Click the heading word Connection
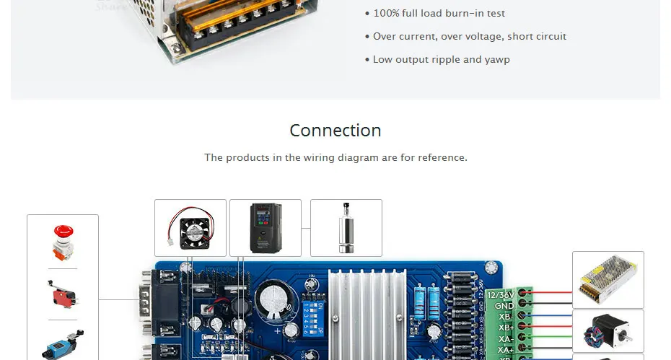click(x=335, y=131)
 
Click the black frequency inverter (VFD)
click(x=265, y=227)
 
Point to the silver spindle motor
click(x=346, y=227)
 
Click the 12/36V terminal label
click(x=501, y=294)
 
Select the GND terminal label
click(x=504, y=306)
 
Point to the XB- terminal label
click(x=506, y=317)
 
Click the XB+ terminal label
click(x=506, y=328)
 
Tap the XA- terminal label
click(x=506, y=339)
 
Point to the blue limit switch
click(x=63, y=346)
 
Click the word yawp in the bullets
click(x=498, y=59)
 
